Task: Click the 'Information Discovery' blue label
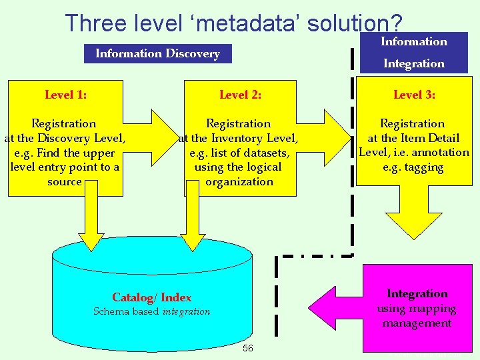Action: (x=157, y=53)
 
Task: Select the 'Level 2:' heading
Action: (x=240, y=95)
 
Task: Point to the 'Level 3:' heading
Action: (x=414, y=95)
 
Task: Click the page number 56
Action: (x=248, y=348)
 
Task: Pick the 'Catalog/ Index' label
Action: (x=151, y=298)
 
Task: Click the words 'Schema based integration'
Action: (x=151, y=311)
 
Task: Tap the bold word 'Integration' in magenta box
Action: (x=417, y=294)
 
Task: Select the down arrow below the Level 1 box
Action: (x=91, y=220)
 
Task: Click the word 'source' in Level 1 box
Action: (x=65, y=181)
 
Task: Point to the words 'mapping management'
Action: (x=417, y=316)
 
